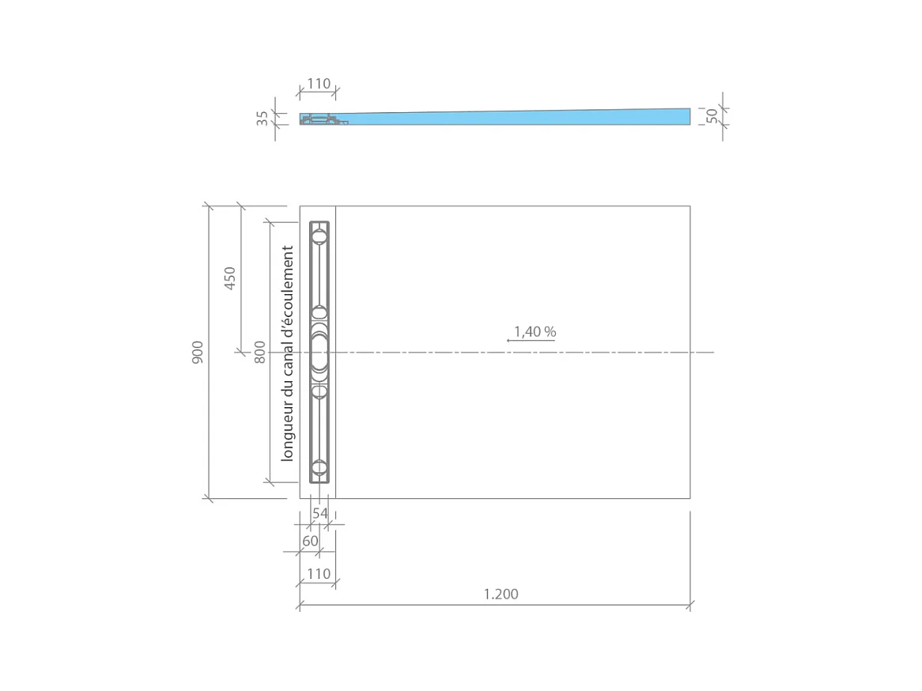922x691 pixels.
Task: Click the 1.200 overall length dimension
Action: pos(501,594)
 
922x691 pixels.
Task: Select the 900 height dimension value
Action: pos(198,353)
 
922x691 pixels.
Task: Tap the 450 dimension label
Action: pos(230,278)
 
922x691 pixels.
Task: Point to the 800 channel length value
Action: pos(260,353)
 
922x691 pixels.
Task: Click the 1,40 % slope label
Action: pos(535,332)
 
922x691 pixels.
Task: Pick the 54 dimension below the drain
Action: pos(320,513)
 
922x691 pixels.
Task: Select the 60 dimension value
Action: pos(310,541)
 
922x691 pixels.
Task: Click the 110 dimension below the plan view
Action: pos(319,573)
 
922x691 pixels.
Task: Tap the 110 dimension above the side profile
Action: pos(319,84)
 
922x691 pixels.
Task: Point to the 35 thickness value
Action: pos(263,119)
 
